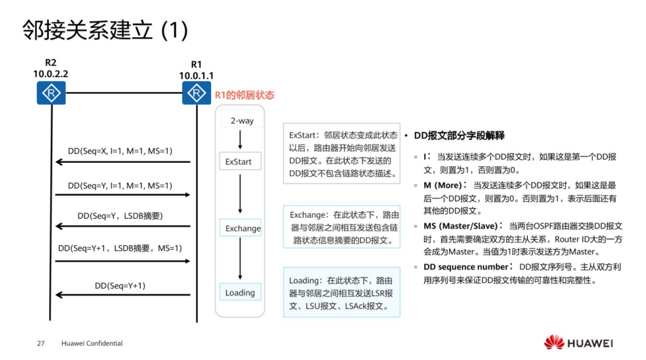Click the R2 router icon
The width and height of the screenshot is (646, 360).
51,93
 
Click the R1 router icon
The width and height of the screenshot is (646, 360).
196,93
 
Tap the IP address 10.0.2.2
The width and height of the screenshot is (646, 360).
51,73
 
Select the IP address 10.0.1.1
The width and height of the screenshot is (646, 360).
196,75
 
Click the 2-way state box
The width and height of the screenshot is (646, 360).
242,121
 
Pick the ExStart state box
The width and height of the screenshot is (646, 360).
238,162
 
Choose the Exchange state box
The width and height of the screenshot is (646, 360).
242,228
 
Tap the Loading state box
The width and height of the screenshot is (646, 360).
240,293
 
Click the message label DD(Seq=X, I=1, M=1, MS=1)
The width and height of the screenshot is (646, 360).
120,151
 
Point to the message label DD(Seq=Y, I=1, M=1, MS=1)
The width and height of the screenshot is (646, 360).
120,185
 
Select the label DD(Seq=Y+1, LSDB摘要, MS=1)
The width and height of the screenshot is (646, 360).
120,248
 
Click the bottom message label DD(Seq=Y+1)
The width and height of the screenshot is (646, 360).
120,286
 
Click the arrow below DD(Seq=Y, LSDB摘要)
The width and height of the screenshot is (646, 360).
123,227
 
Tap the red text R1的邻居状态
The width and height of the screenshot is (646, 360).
245,95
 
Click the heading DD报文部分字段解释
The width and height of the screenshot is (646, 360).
459,135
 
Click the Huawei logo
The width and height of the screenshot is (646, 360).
578,343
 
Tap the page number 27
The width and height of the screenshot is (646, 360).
40,343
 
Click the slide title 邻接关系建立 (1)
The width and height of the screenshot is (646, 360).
105,31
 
